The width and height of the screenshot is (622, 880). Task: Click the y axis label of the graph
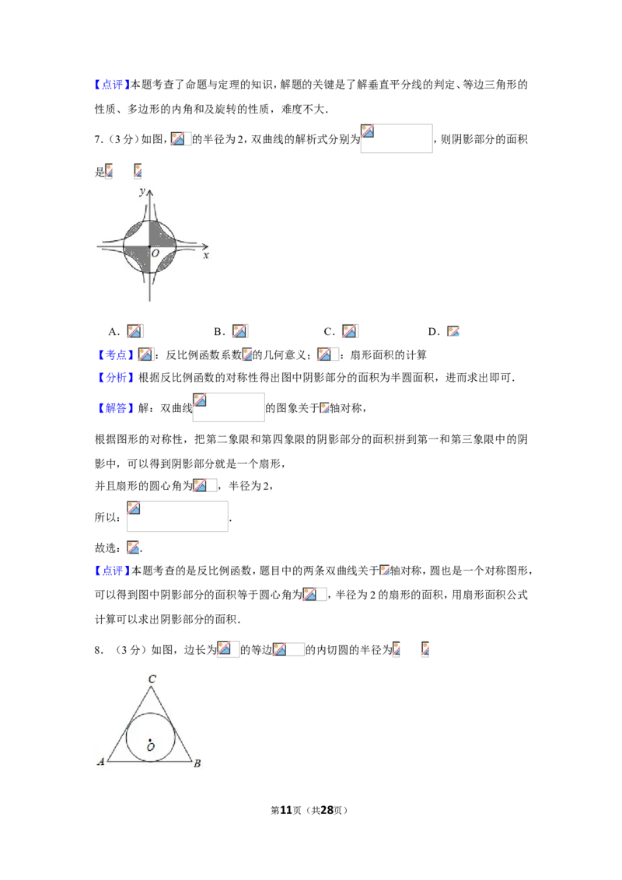click(x=142, y=192)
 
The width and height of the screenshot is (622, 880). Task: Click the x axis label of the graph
click(x=206, y=255)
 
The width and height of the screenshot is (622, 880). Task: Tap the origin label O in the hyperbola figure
click(x=155, y=253)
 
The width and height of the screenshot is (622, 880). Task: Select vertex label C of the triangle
click(x=152, y=679)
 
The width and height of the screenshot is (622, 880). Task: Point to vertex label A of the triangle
click(x=101, y=762)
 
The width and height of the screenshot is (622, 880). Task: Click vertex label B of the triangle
click(x=197, y=763)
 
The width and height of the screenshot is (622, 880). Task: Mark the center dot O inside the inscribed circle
click(x=151, y=740)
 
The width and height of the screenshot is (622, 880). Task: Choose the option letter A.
click(x=112, y=332)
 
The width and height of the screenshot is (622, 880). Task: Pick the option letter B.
click(x=218, y=332)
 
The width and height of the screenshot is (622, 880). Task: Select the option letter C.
click(x=328, y=332)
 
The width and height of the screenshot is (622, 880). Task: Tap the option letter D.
click(x=432, y=332)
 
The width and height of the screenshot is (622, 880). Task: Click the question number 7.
click(x=98, y=139)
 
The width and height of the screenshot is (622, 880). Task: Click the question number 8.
click(x=98, y=650)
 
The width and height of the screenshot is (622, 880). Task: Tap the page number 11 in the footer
click(x=286, y=810)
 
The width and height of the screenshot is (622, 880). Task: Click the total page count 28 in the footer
click(x=327, y=810)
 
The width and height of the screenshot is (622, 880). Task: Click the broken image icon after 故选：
click(x=133, y=548)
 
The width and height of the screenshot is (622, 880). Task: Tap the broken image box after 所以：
click(x=177, y=516)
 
